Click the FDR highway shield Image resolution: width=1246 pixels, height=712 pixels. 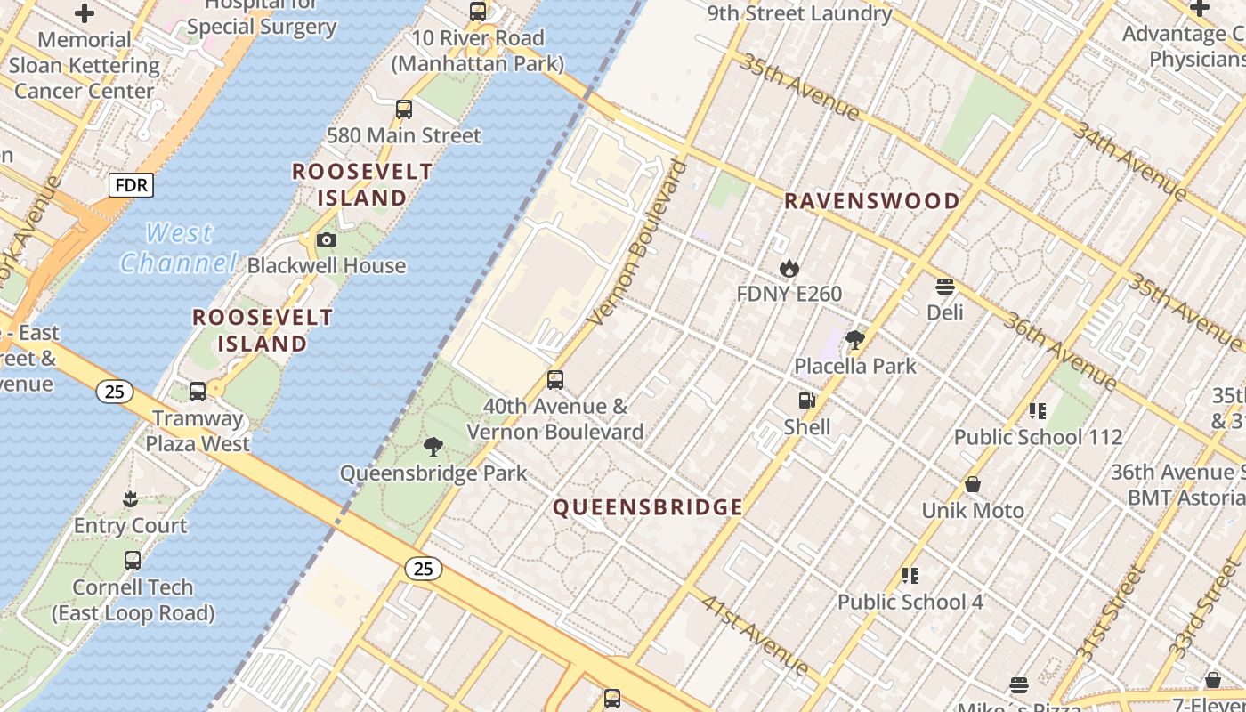point(131,185)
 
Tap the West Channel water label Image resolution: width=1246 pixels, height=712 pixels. point(178,248)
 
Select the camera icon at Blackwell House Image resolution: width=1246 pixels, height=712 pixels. point(327,239)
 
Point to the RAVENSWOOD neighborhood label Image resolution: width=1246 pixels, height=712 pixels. point(871,201)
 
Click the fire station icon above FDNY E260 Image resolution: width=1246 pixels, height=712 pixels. point(789,268)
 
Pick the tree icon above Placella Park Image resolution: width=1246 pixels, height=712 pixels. point(855,339)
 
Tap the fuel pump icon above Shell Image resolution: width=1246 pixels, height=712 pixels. point(807,401)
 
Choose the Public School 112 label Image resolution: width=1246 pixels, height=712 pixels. point(1038,437)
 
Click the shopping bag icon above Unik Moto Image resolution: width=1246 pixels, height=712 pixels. point(973,484)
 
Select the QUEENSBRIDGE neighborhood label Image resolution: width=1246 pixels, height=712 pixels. point(648,507)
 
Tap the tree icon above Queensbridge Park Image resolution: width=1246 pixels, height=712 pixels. point(433,447)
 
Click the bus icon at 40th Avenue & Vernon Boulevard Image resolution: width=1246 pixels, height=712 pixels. point(555,380)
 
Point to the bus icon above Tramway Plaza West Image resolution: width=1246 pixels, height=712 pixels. point(198,391)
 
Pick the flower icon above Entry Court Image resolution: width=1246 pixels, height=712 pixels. point(131,498)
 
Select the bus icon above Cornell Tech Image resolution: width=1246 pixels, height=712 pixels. point(133,561)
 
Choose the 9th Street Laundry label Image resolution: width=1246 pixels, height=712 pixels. point(799,13)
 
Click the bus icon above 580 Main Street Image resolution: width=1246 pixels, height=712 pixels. point(404,109)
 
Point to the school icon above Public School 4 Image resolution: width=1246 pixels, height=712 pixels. point(910,576)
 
